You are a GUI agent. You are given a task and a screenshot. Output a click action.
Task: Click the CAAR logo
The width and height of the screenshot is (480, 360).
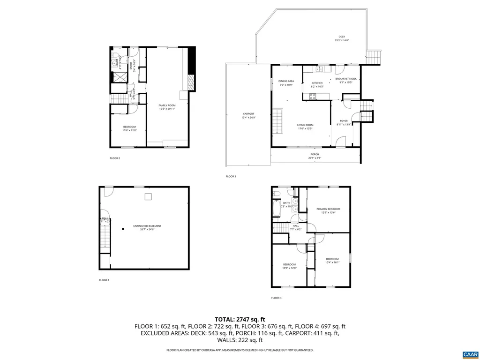point(469,354)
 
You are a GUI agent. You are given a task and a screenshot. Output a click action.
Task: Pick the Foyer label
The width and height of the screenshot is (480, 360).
point(344,122)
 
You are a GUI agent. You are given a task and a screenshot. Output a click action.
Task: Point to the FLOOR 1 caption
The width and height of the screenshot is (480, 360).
point(104,280)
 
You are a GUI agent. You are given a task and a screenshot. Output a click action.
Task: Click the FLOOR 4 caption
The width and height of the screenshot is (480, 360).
point(276,298)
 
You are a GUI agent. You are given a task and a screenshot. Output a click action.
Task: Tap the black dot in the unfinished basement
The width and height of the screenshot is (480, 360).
point(123,229)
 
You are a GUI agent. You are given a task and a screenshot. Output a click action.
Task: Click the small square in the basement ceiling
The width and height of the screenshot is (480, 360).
point(148,197)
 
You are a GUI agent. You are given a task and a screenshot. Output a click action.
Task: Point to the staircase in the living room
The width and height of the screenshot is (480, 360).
point(278,121)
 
